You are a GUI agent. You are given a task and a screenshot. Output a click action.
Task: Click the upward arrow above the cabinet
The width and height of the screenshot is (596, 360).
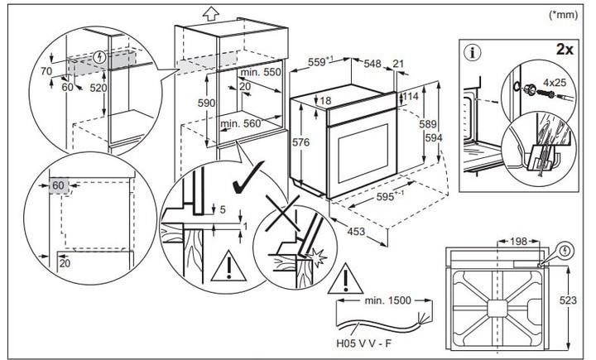pos(209,12)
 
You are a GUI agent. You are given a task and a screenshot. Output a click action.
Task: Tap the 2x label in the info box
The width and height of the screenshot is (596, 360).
pos(565,50)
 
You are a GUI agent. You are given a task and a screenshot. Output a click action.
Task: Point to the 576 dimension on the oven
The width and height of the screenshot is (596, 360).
pos(302,142)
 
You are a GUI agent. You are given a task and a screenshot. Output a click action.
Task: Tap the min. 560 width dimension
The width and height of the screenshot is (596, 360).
pos(242,124)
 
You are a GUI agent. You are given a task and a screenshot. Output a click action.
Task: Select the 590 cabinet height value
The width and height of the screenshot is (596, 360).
pos(207,103)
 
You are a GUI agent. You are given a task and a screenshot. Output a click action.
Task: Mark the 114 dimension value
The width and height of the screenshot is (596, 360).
pos(410,97)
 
